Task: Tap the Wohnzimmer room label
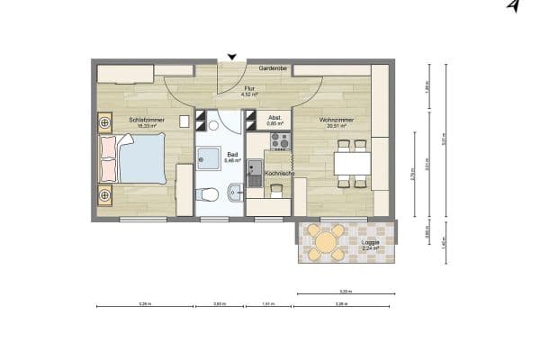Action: click(335, 119)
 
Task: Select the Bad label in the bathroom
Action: click(232, 155)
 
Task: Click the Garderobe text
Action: click(273, 68)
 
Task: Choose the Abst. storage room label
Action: click(275, 119)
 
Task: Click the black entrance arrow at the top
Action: click(232, 58)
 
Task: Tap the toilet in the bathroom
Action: click(209, 193)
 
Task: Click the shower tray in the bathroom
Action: click(210, 156)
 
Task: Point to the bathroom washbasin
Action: click(235, 190)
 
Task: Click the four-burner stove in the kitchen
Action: click(279, 140)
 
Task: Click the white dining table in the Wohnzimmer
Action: click(352, 164)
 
